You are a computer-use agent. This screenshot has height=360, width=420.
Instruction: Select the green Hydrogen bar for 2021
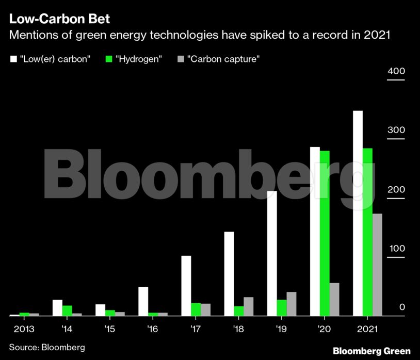click(367, 232)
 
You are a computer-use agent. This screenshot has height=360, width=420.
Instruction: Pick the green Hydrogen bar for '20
click(325, 233)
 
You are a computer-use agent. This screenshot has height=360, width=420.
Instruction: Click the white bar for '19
click(272, 253)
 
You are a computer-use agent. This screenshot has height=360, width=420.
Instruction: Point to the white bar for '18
click(229, 273)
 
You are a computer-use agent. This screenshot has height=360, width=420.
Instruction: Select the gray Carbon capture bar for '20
click(334, 299)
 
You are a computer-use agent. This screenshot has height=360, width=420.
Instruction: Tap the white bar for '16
click(143, 301)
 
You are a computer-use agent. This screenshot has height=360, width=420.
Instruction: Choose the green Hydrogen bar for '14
click(67, 310)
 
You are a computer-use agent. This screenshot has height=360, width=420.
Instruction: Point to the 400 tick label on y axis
click(396, 71)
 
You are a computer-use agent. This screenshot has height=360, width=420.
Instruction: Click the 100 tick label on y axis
click(396, 249)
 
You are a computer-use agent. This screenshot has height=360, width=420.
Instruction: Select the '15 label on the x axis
click(109, 329)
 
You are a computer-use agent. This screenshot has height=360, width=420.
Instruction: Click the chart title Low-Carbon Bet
click(59, 20)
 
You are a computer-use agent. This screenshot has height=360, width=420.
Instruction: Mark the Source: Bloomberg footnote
click(47, 347)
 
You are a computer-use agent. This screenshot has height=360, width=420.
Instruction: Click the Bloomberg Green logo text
click(371, 351)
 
